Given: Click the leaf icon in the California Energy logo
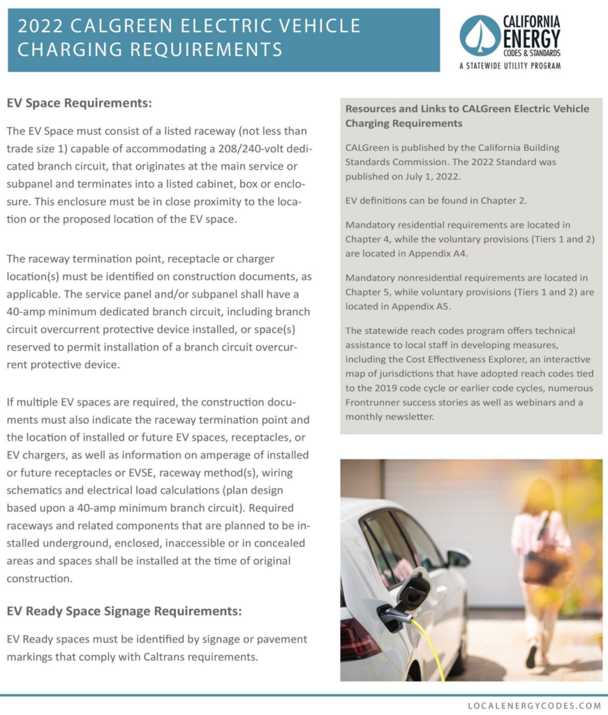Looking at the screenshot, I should [x=480, y=36].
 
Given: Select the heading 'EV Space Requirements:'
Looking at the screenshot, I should [x=79, y=103].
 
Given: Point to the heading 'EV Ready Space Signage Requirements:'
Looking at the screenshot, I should [x=124, y=611].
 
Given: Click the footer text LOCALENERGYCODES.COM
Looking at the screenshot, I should [x=534, y=705].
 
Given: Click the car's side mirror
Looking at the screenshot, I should [x=459, y=558].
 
